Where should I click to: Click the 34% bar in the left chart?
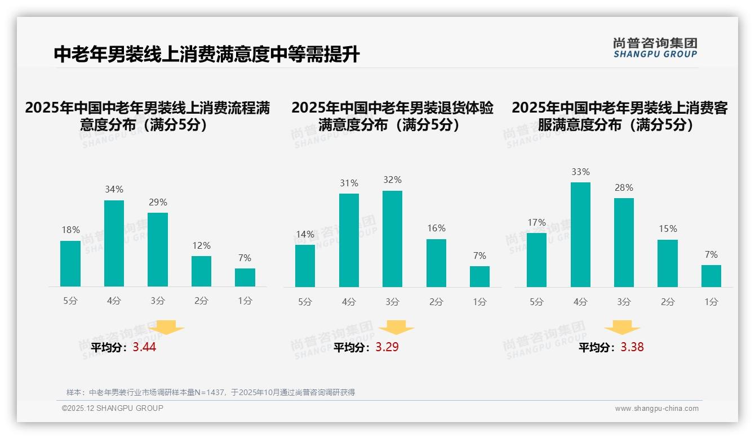pyautogui.click(x=114, y=243)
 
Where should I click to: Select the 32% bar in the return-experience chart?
pyautogui.click(x=392, y=239)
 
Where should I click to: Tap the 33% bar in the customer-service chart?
pyautogui.click(x=580, y=234)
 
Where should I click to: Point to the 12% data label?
pyautogui.click(x=201, y=245)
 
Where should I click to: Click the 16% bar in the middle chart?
pyautogui.click(x=436, y=263)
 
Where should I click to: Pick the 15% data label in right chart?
pyautogui.click(x=668, y=229)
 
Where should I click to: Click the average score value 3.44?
pyautogui.click(x=144, y=347)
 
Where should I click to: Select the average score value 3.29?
pyautogui.click(x=387, y=347)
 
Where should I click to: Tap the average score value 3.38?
pyautogui.click(x=632, y=347)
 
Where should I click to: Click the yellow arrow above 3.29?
pyautogui.click(x=397, y=328)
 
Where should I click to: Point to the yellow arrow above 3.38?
pyautogui.click(x=622, y=328)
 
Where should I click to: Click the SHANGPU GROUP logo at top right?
pyautogui.click(x=655, y=48)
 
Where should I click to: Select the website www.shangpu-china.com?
pyautogui.click(x=656, y=409)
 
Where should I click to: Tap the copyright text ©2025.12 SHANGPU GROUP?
pyautogui.click(x=113, y=408)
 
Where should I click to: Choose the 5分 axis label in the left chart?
pyautogui.click(x=70, y=301)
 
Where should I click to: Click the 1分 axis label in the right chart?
pyautogui.click(x=711, y=302)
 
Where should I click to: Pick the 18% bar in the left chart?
pyautogui.click(x=70, y=263)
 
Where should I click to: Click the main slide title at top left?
pyautogui.click(x=206, y=55)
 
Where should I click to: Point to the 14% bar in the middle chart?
pyautogui.click(x=305, y=266)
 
